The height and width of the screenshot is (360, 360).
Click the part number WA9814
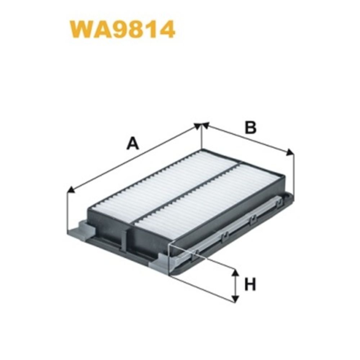pyautogui.click(x=122, y=30)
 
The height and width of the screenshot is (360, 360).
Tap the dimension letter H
pyautogui.click(x=250, y=285)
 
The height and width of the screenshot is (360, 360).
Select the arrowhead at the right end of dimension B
pyautogui.click(x=290, y=153)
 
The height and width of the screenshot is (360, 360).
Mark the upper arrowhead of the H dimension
pyautogui.click(x=235, y=273)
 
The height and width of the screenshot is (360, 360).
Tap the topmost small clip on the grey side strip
pyautogui.click(x=278, y=203)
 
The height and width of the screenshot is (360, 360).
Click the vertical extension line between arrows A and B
pyautogui.click(x=202, y=139)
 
